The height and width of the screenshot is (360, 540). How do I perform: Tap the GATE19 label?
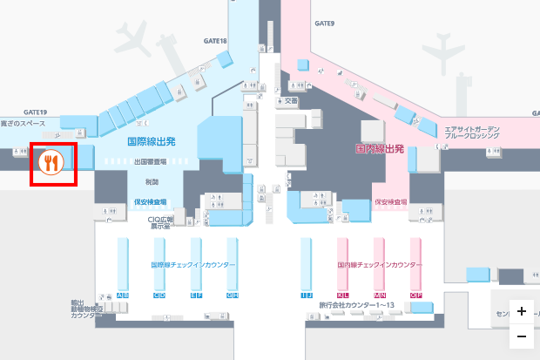pos(36,112)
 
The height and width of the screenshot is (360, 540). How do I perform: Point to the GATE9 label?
pos(324,24)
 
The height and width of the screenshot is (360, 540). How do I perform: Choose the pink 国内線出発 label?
pos(380,149)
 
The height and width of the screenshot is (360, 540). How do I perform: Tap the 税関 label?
pos(152,181)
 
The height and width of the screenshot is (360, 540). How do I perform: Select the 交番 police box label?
pos(291,100)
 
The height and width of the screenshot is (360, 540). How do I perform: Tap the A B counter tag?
pos(123,295)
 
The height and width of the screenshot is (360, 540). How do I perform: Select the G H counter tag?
pos(233,295)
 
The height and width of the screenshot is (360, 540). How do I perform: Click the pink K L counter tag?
pos(342,295)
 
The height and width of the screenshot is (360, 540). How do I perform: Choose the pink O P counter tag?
pos(415,295)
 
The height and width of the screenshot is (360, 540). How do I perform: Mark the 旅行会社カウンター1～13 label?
pos(357,305)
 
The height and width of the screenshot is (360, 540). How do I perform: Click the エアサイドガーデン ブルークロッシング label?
pos(472,132)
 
